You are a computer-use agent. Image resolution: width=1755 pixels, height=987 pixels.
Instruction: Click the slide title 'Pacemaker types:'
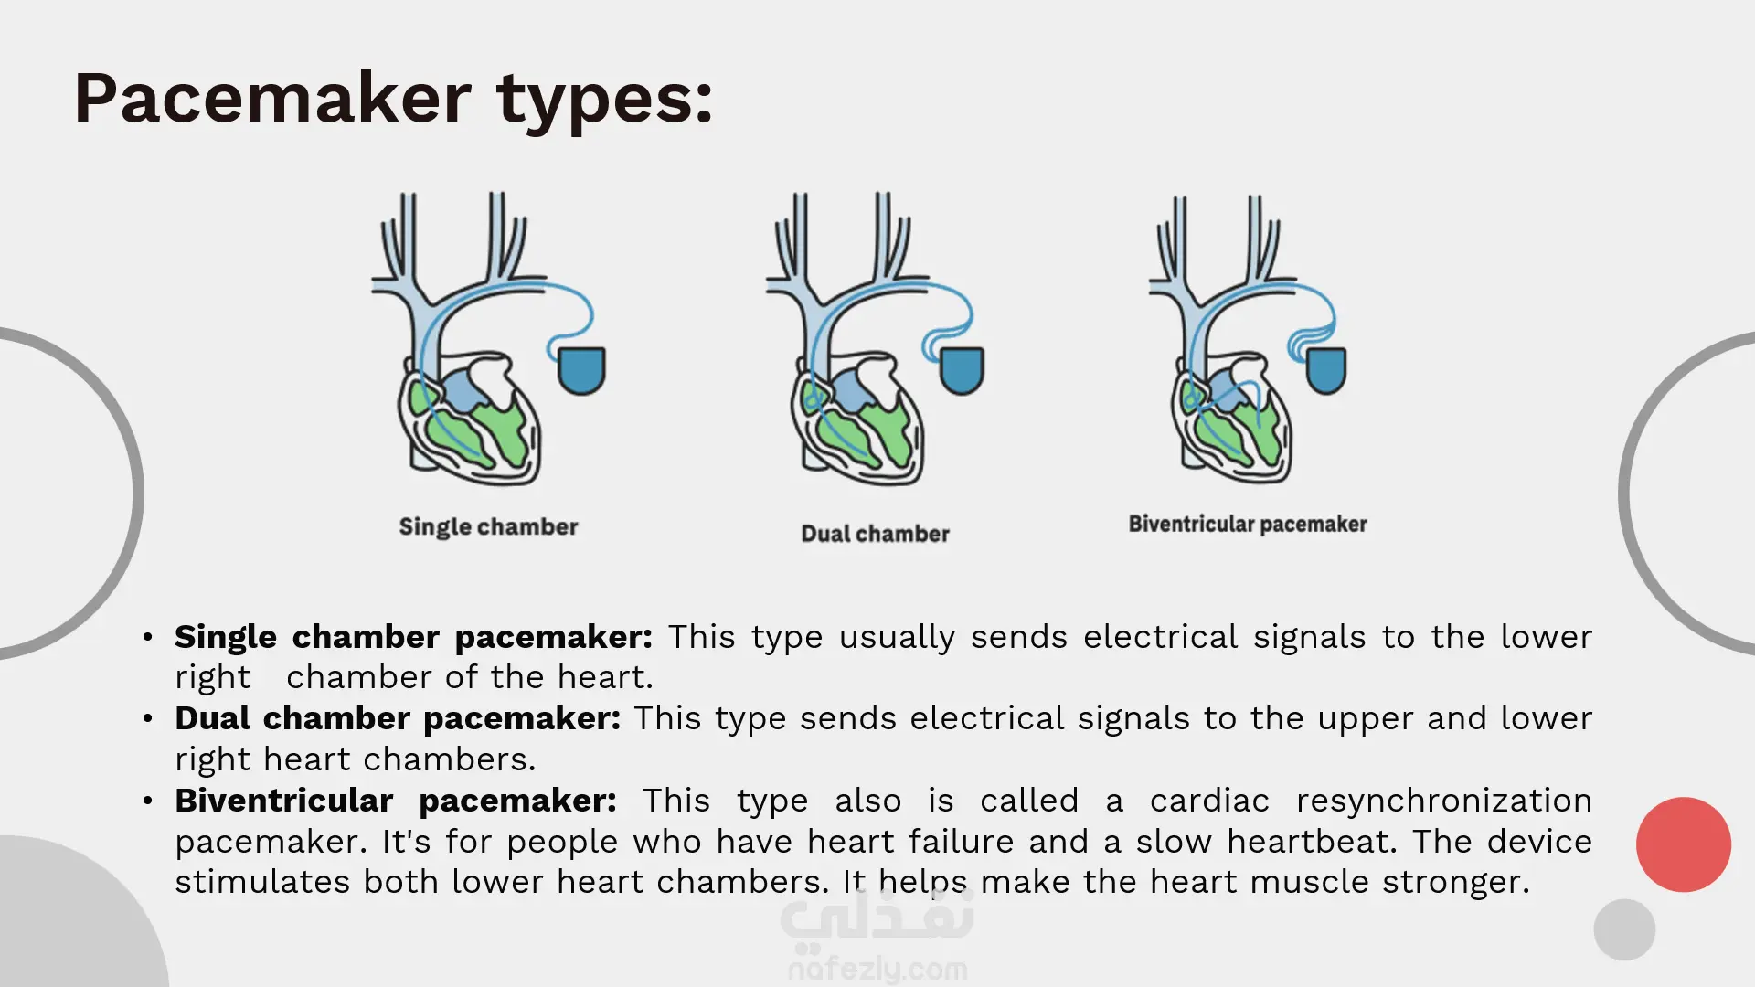(x=393, y=100)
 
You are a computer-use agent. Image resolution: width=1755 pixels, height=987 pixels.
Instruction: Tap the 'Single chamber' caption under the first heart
(x=488, y=527)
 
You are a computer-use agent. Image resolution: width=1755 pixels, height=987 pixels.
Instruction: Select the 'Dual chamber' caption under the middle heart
(x=876, y=534)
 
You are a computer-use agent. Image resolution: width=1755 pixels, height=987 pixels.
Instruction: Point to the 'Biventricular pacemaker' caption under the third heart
(x=1248, y=525)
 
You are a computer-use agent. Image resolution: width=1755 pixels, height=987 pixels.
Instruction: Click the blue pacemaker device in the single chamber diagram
(x=581, y=370)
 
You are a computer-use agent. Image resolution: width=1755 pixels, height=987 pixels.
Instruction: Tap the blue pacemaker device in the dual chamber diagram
(x=961, y=370)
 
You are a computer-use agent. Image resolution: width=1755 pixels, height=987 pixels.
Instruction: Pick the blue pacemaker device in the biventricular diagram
(x=1325, y=370)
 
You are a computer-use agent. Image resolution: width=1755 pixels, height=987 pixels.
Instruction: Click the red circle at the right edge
(x=1684, y=844)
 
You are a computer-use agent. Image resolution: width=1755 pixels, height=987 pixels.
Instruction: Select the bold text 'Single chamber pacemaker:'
(x=413, y=637)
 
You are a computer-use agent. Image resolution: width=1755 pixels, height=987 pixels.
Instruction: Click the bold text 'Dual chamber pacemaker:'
(x=398, y=718)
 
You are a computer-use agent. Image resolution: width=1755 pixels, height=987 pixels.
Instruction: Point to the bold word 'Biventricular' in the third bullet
(x=284, y=801)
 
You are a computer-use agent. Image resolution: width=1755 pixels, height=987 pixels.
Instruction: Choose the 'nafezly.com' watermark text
(x=877, y=969)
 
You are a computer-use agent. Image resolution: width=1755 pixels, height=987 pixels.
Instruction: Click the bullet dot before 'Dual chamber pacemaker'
(x=148, y=719)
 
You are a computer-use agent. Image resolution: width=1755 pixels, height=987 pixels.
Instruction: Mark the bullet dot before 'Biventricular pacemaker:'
(x=148, y=801)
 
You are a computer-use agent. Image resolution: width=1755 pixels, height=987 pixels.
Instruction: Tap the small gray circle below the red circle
(x=1624, y=929)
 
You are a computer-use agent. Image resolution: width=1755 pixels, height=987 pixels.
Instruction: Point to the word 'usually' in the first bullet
(x=898, y=638)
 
